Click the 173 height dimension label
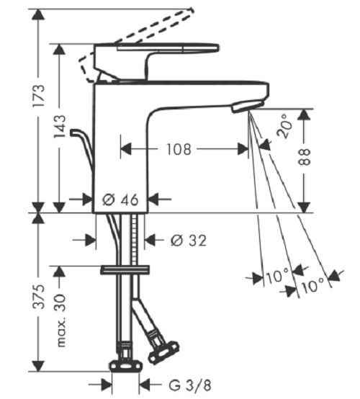pos(39,96)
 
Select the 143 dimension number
pos(60,126)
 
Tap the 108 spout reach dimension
pos(179,149)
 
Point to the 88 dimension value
pos(305,157)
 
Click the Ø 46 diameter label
pos(120,199)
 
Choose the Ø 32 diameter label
pos(188,241)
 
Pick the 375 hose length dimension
pos(39,297)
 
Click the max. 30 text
pos(60,320)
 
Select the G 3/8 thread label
pos(190,385)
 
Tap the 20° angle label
pos(284,126)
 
